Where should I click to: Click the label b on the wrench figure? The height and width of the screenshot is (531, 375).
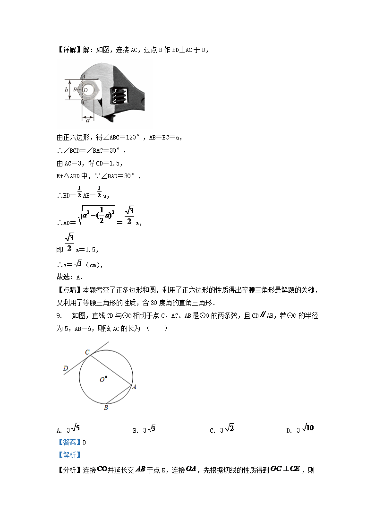pos(66,89)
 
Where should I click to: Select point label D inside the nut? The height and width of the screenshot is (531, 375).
pos(85,89)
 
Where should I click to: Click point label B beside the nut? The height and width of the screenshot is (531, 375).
pos(76,89)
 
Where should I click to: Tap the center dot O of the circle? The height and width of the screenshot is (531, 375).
pos(106,377)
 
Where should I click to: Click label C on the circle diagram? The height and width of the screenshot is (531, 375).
pos(87,352)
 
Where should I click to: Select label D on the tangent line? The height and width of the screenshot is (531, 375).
pos(66,368)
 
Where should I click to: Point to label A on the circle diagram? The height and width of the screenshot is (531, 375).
pos(134,387)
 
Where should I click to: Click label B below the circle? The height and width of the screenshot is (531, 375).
pos(106,407)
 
